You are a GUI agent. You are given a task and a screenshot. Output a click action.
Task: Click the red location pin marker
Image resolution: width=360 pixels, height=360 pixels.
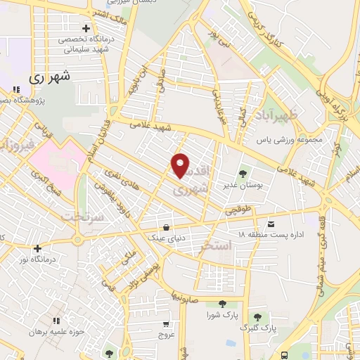pyautogui.click(x=181, y=166)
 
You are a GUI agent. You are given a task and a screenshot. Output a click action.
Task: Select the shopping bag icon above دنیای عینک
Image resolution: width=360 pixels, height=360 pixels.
pyautogui.click(x=166, y=227)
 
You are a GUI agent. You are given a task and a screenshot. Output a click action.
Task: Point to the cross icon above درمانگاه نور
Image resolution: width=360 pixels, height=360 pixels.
pyautogui.click(x=37, y=247)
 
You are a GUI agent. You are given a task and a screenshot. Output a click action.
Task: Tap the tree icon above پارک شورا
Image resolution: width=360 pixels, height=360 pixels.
pyautogui.click(x=222, y=304)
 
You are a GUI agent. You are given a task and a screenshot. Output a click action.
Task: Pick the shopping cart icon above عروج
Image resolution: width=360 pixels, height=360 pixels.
pyautogui.click(x=165, y=324)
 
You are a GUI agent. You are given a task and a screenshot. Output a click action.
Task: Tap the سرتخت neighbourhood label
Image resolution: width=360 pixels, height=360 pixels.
pyautogui.click(x=83, y=218)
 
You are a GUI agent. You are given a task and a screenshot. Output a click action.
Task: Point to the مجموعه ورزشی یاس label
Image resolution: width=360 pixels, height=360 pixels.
pyautogui.click(x=289, y=139)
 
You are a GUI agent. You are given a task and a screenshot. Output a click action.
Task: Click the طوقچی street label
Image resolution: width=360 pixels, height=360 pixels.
pyautogui.click(x=238, y=210)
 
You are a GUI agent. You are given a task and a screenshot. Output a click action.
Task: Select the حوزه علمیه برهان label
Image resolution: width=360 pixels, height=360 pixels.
pyautogui.click(x=62, y=331)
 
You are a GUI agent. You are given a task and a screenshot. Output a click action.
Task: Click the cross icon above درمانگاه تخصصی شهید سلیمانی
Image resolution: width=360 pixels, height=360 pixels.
pyautogui.click(x=86, y=29)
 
